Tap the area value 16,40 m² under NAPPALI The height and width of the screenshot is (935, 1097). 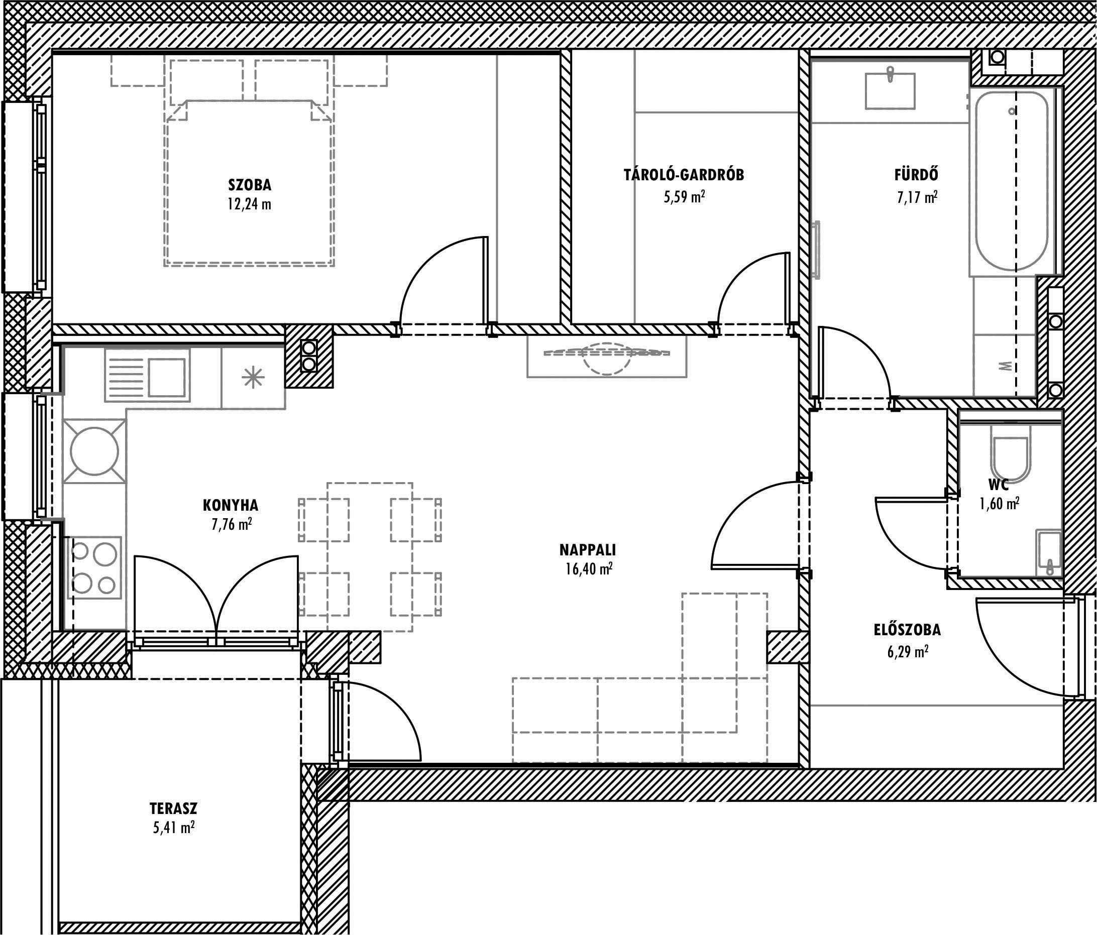click(589, 569)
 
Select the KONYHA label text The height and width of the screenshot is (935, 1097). click(231, 505)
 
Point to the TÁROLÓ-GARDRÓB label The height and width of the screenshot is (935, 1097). click(684, 175)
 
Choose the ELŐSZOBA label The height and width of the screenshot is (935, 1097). click(907, 630)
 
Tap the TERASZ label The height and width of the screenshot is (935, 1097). click(173, 808)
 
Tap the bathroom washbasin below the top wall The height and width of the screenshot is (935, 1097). click(890, 91)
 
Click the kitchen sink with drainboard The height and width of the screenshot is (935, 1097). click(147, 375)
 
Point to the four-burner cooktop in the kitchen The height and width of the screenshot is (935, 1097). click(94, 568)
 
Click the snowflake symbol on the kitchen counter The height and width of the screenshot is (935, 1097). click(253, 377)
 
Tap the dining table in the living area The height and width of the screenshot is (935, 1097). click(370, 557)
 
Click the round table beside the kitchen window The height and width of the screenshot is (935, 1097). click(94, 451)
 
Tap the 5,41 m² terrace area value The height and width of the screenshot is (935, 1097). click(174, 827)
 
